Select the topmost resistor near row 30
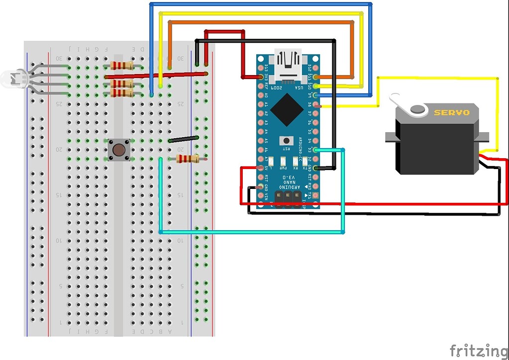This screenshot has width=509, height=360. (121, 66)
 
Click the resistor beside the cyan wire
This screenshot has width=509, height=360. (187, 159)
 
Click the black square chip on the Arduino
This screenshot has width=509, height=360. (286, 110)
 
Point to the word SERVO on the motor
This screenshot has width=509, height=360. (451, 112)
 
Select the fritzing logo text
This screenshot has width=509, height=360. (479, 350)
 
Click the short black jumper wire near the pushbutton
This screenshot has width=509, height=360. (184, 139)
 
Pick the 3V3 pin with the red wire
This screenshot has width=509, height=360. (260, 77)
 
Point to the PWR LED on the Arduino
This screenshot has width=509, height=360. (283, 161)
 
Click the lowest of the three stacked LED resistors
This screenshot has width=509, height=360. (121, 93)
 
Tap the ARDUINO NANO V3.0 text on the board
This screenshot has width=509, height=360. (288, 181)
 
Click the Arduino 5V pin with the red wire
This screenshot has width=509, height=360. (260, 168)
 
